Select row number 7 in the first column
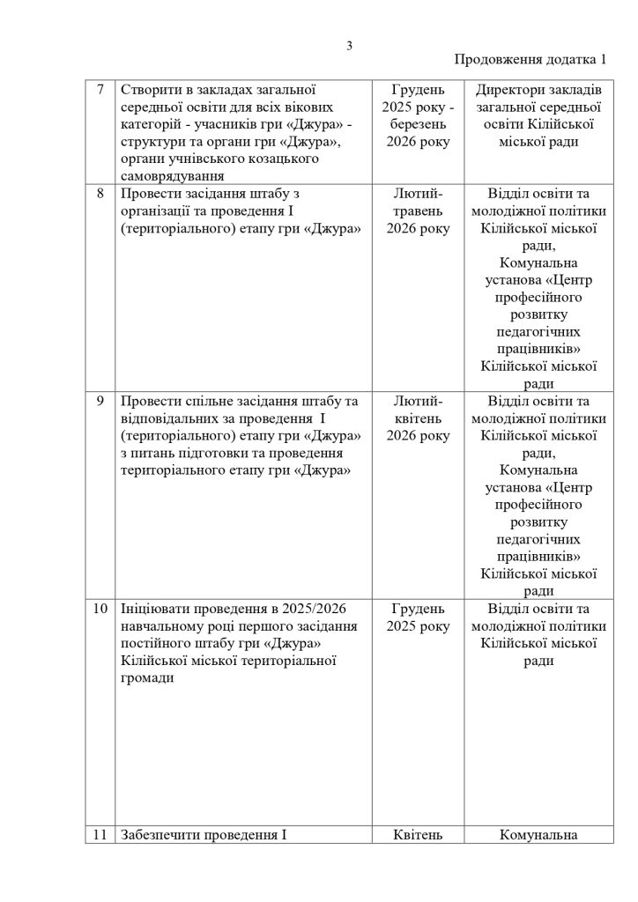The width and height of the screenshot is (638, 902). click(100, 89)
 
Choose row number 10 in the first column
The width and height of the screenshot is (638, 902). click(100, 609)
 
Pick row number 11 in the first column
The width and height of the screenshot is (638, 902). click(100, 834)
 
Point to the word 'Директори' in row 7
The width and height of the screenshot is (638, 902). click(506, 89)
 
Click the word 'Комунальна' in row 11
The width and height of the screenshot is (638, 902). click(538, 834)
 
